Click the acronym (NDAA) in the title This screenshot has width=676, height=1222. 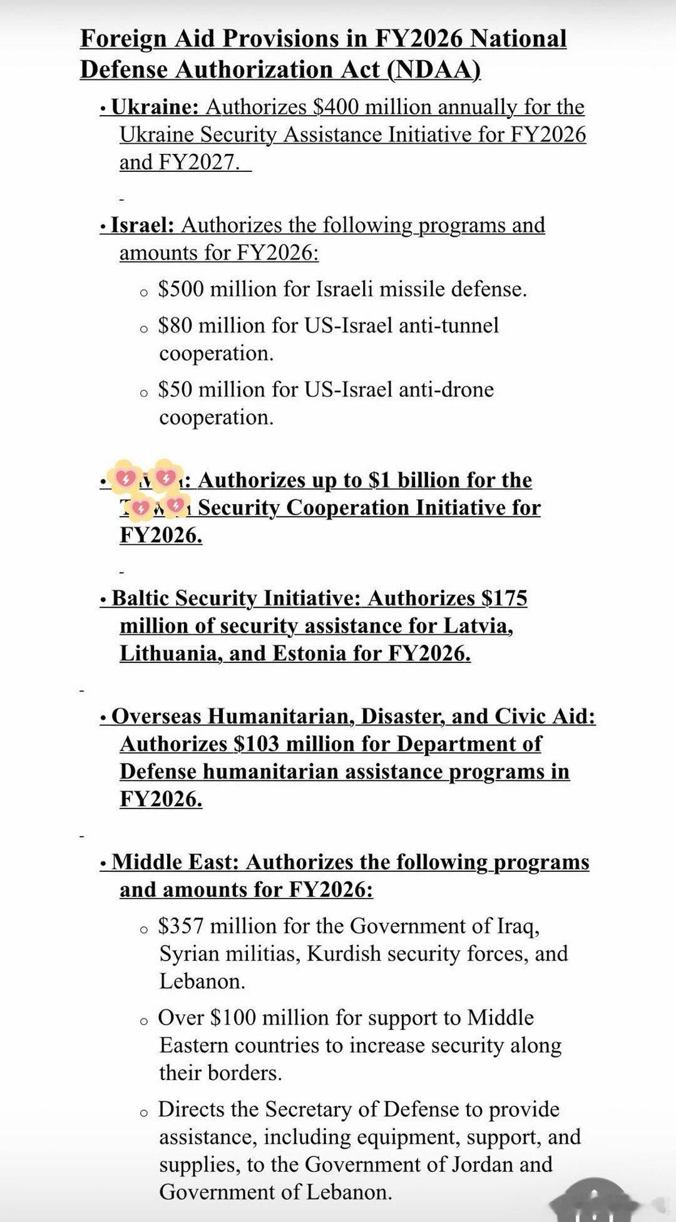(434, 70)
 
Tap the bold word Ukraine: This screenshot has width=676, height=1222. (155, 108)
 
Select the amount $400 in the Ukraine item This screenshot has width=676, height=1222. (335, 108)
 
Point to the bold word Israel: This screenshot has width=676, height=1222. (143, 225)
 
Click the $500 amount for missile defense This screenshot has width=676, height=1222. (181, 290)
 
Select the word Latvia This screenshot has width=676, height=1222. (478, 626)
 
